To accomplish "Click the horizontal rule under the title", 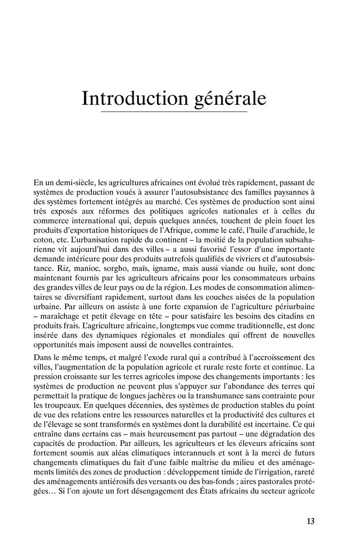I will tap(174, 111).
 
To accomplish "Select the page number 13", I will tap(310, 522).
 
